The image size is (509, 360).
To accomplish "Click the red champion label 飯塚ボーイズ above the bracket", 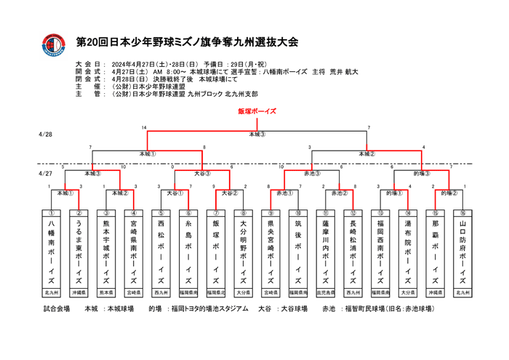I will [257, 111].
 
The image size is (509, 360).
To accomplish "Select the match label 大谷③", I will [203, 174].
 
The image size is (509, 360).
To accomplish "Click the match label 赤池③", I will [313, 174].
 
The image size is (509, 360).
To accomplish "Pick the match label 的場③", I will [422, 174].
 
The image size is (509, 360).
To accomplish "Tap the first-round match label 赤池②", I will [340, 193].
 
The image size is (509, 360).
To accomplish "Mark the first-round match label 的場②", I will [449, 193].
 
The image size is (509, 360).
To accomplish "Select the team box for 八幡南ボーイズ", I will [52, 252].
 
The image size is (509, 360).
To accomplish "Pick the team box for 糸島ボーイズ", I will [188, 252].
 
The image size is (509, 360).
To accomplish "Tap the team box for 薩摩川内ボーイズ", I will [325, 252].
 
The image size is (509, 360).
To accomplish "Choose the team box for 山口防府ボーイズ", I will [462, 252].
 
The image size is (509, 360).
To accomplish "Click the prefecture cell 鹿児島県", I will [325, 292].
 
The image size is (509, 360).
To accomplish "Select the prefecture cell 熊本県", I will [106, 292].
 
